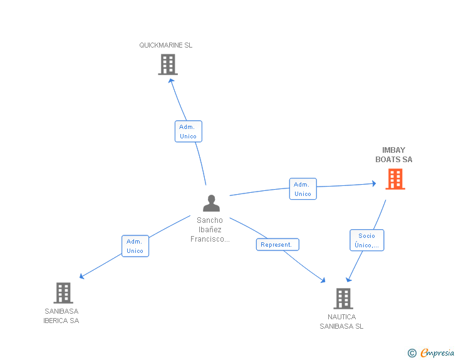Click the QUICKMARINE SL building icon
pyautogui.click(x=167, y=64)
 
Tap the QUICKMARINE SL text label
pyautogui.click(x=166, y=45)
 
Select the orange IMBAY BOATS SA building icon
pyautogui.click(x=395, y=179)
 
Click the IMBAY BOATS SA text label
pyautogui.click(x=394, y=155)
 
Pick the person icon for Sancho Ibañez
pyautogui.click(x=211, y=203)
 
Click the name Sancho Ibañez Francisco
pyautogui.click(x=210, y=230)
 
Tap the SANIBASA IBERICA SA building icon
pyautogui.click(x=63, y=292)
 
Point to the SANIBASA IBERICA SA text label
pyautogui.click(x=61, y=316)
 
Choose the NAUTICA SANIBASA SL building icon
pyautogui.click(x=343, y=299)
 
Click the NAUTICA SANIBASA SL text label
pyautogui.click(x=341, y=322)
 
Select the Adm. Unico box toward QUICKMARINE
pyautogui.click(x=188, y=131)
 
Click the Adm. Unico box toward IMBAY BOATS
pyautogui.click(x=303, y=189)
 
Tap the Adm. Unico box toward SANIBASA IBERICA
pyautogui.click(x=135, y=246)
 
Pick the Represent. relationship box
pyautogui.click(x=277, y=245)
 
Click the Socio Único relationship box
pyautogui.click(x=366, y=240)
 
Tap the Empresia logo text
pyautogui.click(x=437, y=353)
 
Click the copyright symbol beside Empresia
pyautogui.click(x=412, y=354)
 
